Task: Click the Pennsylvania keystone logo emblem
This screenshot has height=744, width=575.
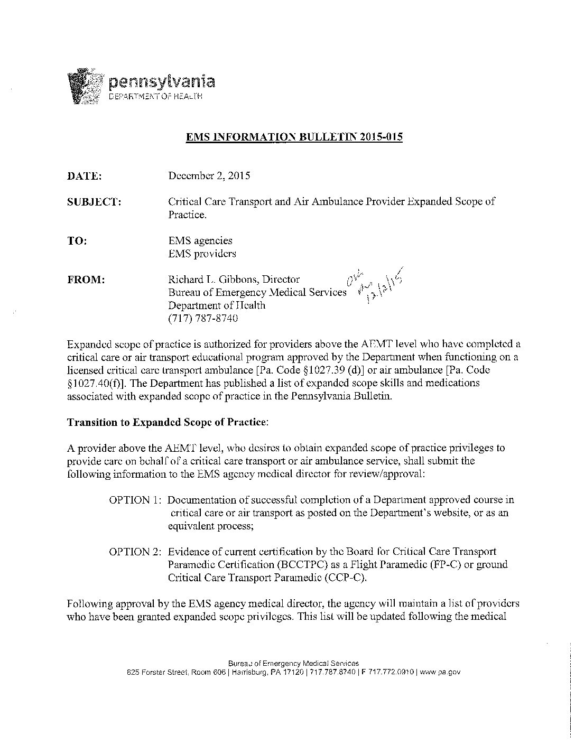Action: (x=86, y=87)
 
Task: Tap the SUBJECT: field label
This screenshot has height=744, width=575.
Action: (x=95, y=202)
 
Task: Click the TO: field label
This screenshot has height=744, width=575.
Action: (x=77, y=241)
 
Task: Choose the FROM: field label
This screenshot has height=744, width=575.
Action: (x=86, y=280)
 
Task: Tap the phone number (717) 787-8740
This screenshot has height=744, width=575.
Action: (x=203, y=319)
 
